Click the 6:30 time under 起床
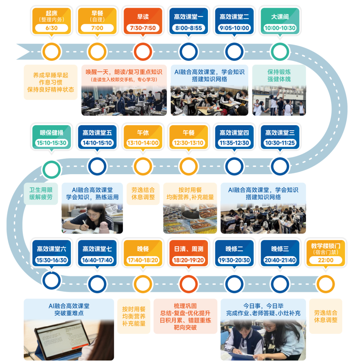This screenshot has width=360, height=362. click(52, 28)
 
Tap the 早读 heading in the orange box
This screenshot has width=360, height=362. click(143, 17)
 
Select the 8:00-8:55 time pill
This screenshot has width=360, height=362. click(189, 28)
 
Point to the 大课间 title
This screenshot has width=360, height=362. click(280, 17)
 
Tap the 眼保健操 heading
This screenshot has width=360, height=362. click(52, 133)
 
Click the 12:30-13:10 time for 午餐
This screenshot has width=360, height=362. click(189, 143)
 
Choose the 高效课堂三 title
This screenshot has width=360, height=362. click(280, 133)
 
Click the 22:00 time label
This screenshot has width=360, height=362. click(326, 260)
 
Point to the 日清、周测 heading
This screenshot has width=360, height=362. click(189, 249)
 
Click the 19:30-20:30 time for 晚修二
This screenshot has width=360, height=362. click(234, 260)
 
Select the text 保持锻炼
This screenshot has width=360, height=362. click(279, 72)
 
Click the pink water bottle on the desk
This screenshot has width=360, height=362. click(104, 227)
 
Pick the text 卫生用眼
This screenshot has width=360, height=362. click(41, 190)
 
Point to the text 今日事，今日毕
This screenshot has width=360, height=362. click(263, 306)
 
